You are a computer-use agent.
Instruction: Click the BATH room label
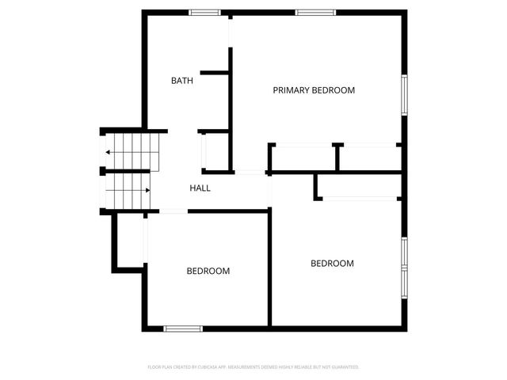tap(182, 81)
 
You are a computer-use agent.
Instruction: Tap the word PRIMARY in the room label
tap(292, 90)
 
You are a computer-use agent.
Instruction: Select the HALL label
tap(200, 188)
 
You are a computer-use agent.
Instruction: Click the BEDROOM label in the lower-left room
tap(208, 271)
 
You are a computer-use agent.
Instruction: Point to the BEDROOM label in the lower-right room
tap(332, 264)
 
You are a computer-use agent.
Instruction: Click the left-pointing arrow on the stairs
tap(108, 153)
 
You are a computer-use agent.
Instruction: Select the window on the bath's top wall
tap(204, 12)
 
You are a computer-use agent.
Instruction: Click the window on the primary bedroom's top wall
tap(314, 12)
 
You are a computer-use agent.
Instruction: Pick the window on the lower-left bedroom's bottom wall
tap(182, 328)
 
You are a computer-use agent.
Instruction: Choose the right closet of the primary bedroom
tap(370, 158)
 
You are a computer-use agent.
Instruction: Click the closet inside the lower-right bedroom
tap(358, 187)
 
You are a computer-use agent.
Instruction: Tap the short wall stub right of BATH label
tap(215, 73)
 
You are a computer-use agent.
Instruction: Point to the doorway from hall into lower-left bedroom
tap(173, 211)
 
